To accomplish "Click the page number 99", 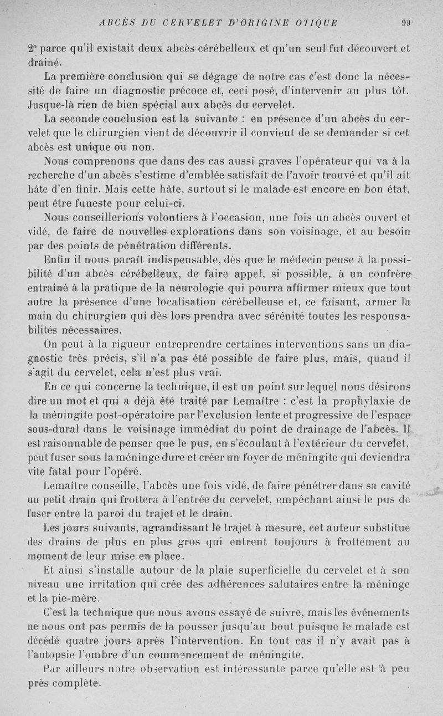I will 407,23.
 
